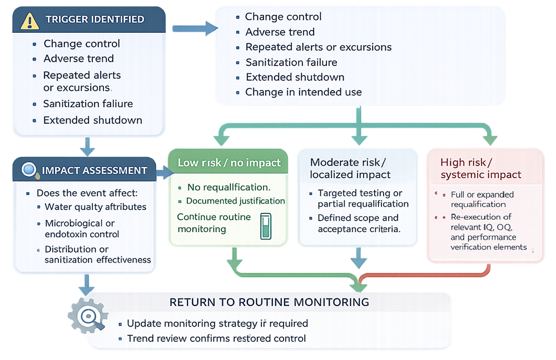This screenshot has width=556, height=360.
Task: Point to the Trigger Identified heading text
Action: (95, 19)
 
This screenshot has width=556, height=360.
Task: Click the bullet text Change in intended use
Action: (303, 92)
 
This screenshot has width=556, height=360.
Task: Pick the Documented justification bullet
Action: (235, 201)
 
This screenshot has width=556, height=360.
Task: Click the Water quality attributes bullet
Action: (96, 207)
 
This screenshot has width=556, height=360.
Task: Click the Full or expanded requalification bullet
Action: (481, 199)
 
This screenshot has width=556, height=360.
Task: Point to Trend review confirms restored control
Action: (216, 338)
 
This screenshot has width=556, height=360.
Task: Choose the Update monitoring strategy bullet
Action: (217, 323)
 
